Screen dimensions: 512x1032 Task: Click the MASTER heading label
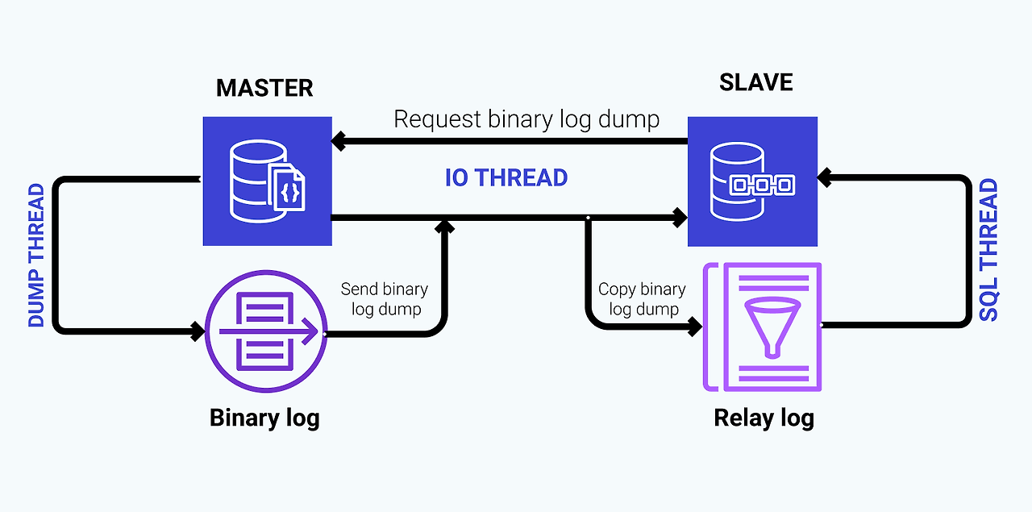[264, 87]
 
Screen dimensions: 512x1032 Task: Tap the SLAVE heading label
[755, 82]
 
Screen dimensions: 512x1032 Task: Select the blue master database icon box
[267, 181]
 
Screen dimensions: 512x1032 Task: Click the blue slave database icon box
[752, 181]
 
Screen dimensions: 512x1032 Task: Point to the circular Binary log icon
[267, 331]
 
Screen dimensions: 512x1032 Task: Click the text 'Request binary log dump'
[526, 119]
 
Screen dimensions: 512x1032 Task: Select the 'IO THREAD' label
[506, 177]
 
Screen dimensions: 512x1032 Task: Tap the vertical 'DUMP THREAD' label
[36, 256]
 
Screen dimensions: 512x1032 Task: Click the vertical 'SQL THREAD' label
[988, 251]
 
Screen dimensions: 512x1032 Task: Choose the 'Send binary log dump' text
[385, 299]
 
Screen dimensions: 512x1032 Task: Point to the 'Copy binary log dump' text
[642, 299]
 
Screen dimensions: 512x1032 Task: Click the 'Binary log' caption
[264, 418]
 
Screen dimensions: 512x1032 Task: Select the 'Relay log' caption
[764, 418]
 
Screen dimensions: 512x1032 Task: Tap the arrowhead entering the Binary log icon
[198, 330]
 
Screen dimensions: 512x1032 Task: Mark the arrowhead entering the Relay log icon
[695, 327]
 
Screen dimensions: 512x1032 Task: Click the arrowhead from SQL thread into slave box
[825, 176]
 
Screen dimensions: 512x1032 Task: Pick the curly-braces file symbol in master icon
[289, 190]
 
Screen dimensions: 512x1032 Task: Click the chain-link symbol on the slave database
[761, 186]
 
